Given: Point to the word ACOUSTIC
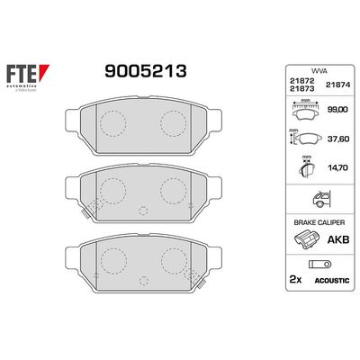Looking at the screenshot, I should [x=323, y=280].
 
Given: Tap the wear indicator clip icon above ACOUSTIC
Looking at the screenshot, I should [x=321, y=265].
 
